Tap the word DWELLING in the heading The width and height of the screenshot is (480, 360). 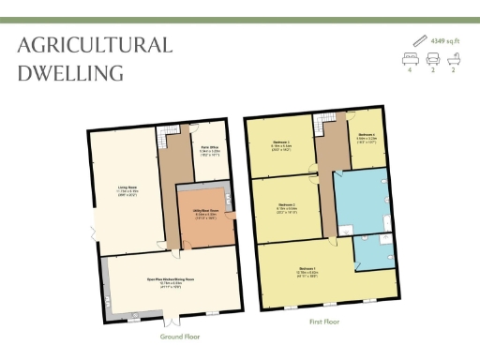(71, 71)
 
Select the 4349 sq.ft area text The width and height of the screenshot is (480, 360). (446, 41)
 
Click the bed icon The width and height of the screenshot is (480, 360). (411, 58)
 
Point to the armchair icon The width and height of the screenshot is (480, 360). (433, 58)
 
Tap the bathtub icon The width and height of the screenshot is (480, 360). (455, 58)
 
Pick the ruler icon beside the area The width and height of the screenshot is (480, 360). (419, 41)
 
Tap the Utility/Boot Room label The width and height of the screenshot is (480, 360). (206, 212)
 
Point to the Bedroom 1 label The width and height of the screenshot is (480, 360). (307, 273)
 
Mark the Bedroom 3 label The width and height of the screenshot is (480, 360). (280, 142)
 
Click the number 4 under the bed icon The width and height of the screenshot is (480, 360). (411, 70)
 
